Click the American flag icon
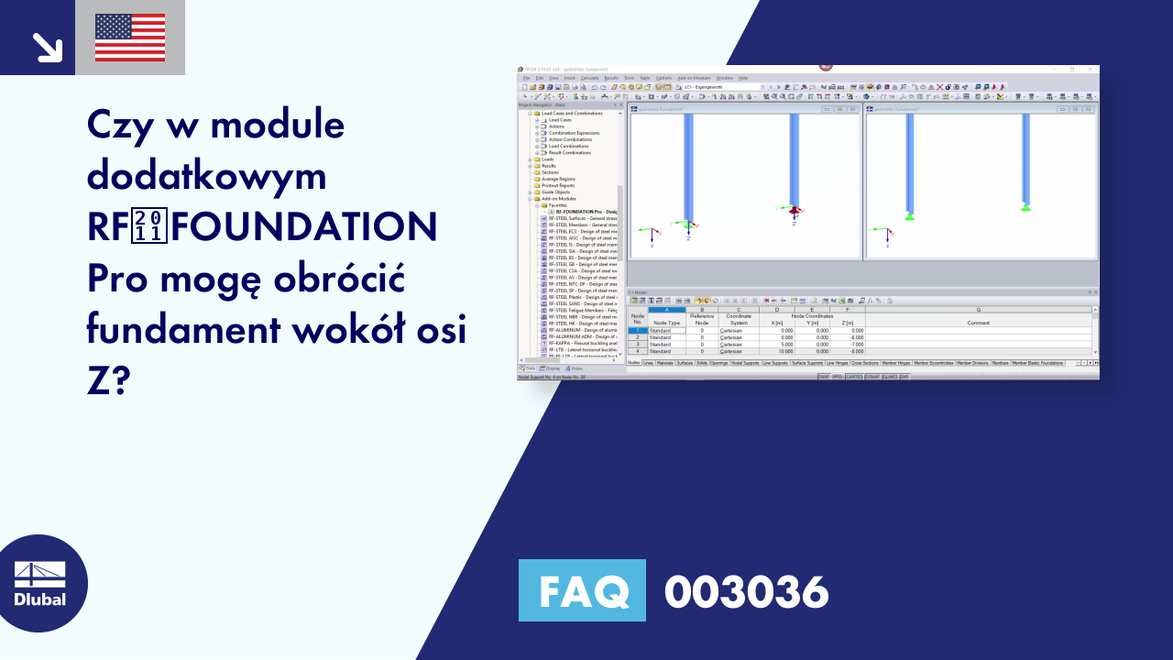point(130,38)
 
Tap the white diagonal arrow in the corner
point(46,47)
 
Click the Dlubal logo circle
point(40,583)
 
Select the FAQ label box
point(582,591)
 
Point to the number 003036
point(746,591)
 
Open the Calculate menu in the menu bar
point(588,78)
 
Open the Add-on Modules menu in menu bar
point(694,78)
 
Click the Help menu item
point(743,78)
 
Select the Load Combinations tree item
point(568,146)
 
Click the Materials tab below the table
point(664,363)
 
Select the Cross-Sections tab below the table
point(864,363)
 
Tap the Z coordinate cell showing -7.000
point(848,344)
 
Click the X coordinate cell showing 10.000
point(780,351)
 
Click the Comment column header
point(978,323)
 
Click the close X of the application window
point(1090,69)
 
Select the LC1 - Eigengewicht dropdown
point(719,87)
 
